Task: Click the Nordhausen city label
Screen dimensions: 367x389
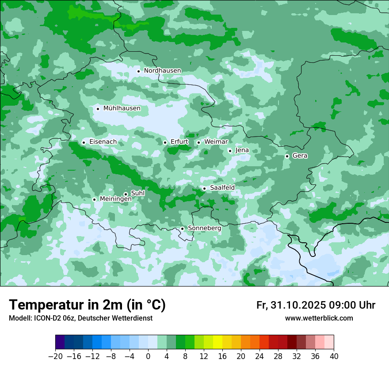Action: (162, 71)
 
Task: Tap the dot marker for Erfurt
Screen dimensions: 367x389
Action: (165, 142)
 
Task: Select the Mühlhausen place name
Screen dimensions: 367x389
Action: (122, 108)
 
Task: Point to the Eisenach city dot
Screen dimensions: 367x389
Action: (84, 142)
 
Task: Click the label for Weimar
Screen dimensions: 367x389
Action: (216, 142)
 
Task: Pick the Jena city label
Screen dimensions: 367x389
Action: (242, 150)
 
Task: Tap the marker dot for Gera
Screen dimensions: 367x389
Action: (287, 156)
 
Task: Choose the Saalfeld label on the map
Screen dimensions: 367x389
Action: (222, 188)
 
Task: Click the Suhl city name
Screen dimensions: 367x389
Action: (138, 193)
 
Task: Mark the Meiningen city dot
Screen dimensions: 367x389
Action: (94, 199)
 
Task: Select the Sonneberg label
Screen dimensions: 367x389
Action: (204, 228)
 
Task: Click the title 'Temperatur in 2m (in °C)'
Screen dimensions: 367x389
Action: (87, 305)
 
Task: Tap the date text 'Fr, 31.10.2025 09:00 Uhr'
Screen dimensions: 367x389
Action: (316, 306)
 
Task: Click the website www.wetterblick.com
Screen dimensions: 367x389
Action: (319, 318)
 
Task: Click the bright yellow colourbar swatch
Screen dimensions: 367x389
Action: (217, 342)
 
